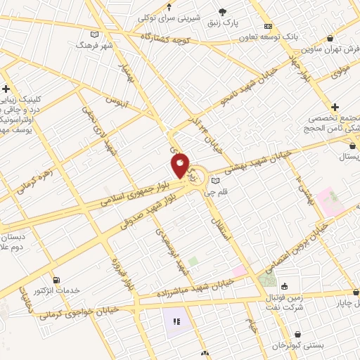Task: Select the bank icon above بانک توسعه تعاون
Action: pos(267,26)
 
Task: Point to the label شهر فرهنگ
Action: pos(94,44)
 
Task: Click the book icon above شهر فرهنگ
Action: pos(95,33)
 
